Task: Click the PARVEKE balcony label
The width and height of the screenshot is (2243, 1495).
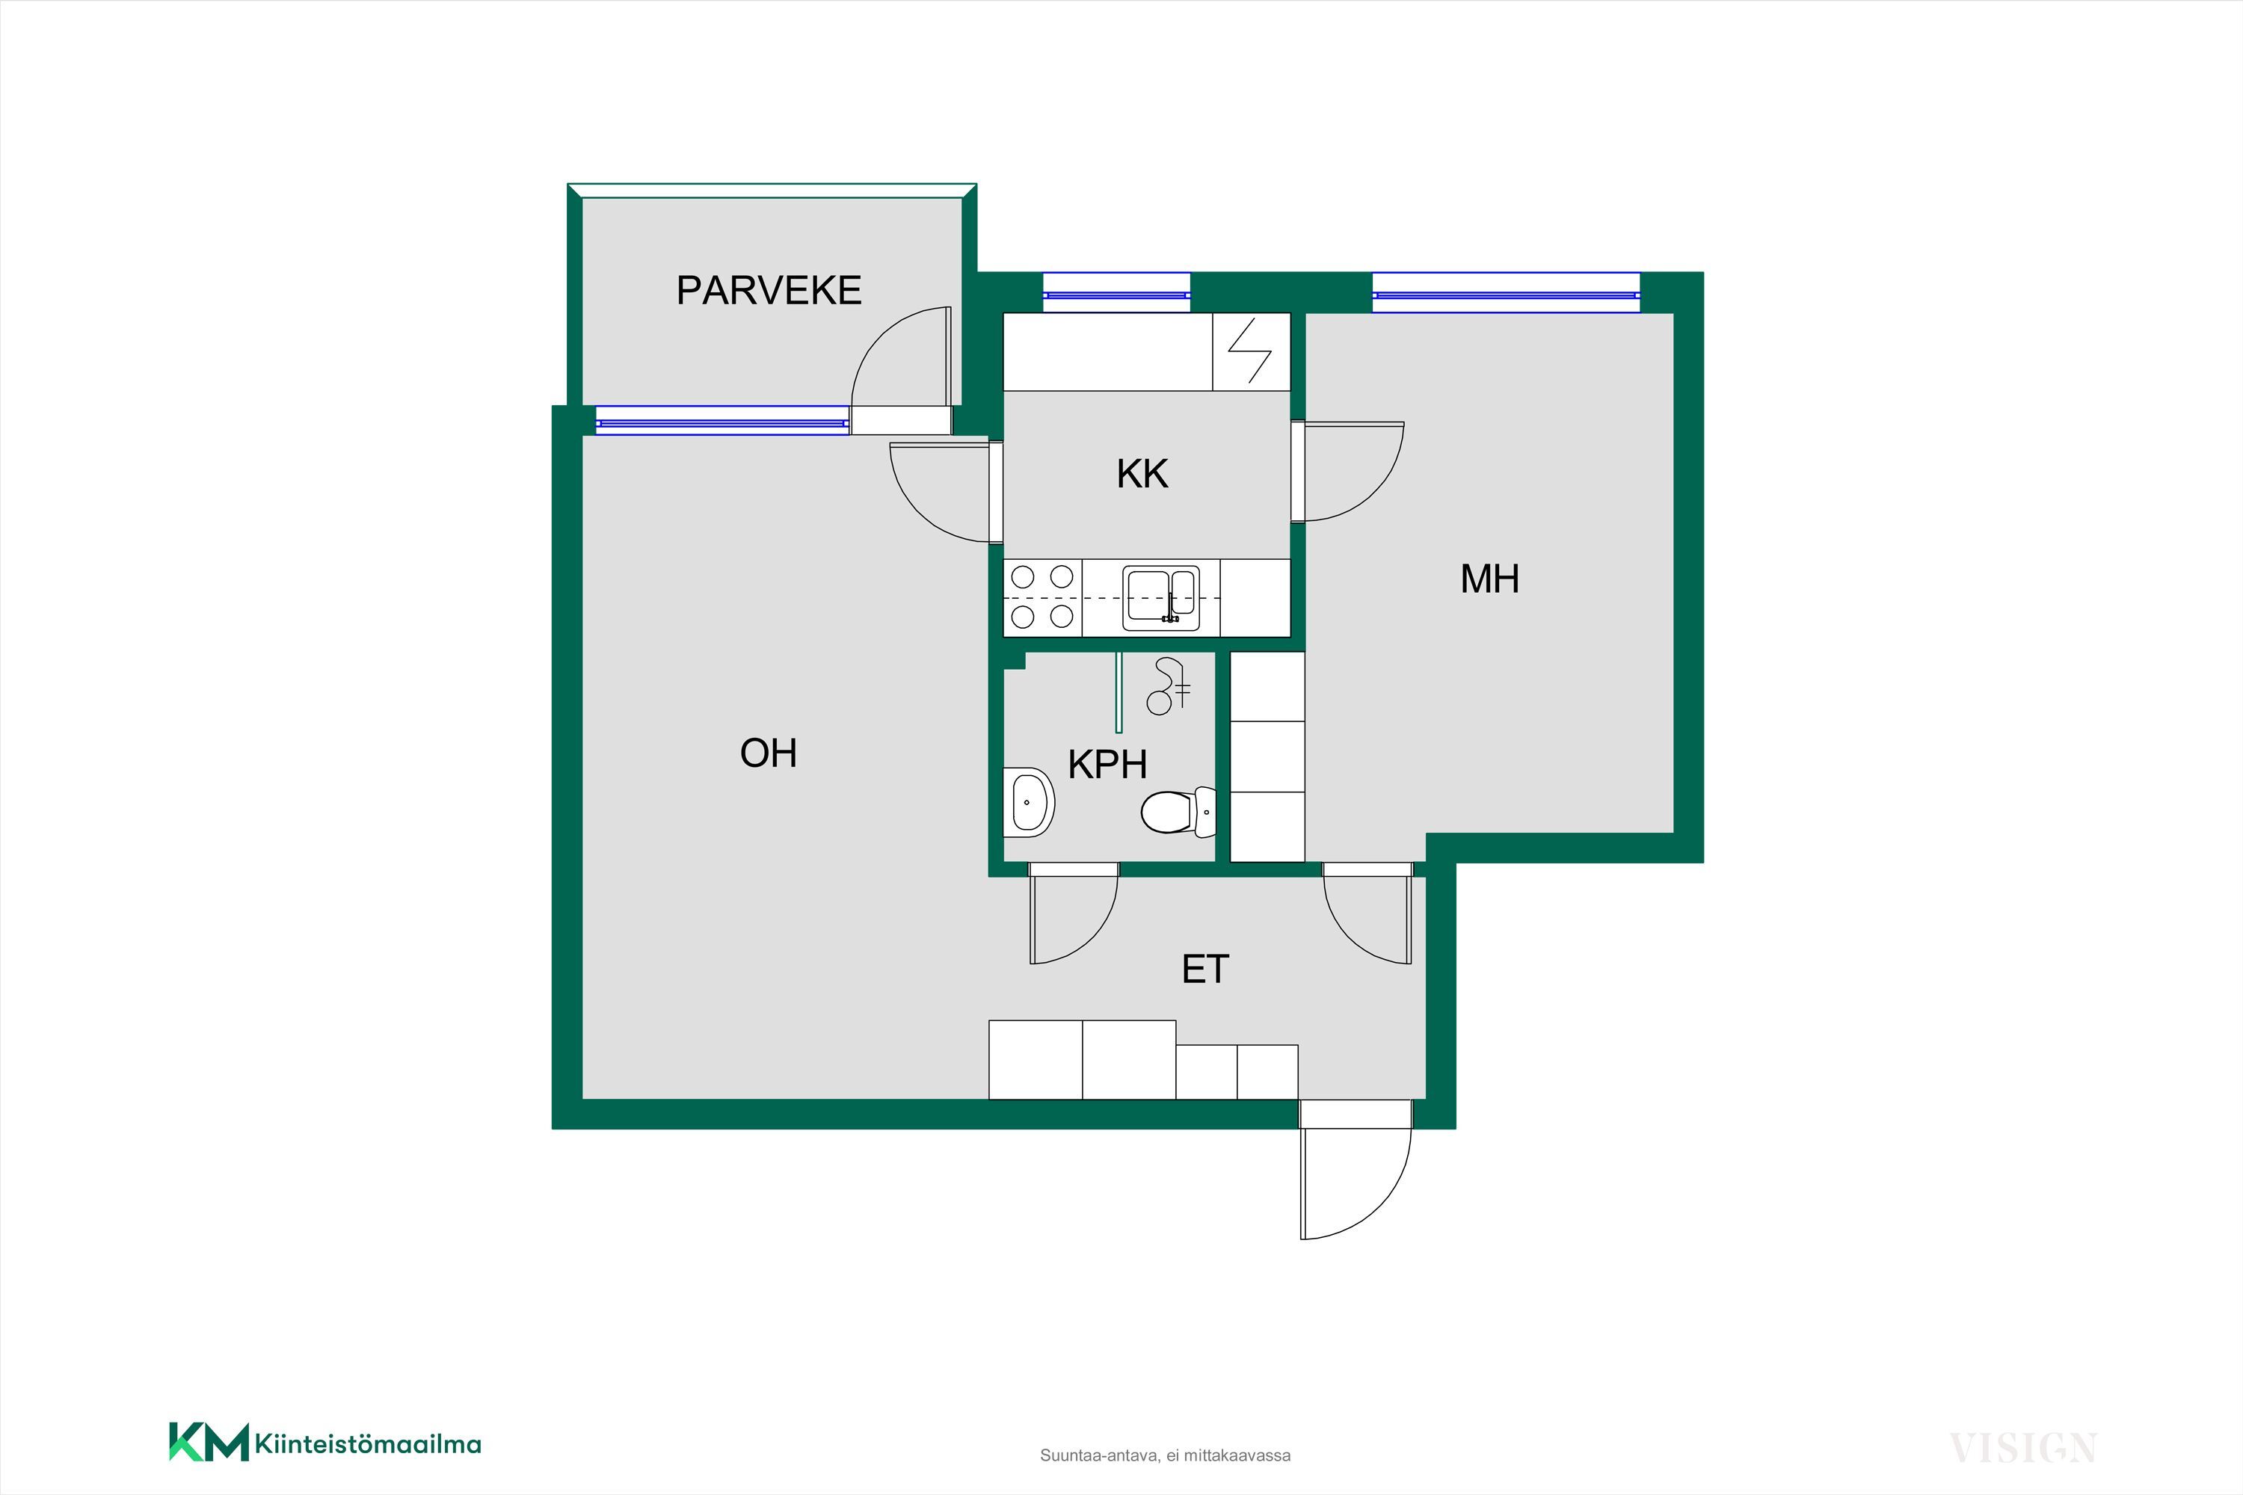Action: coord(769,290)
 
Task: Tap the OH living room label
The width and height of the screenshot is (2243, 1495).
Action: coord(768,753)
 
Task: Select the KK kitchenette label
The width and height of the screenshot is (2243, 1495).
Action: coord(1142,474)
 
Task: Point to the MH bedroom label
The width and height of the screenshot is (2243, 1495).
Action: coord(1489,579)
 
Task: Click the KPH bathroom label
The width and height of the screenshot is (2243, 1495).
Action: coord(1107,765)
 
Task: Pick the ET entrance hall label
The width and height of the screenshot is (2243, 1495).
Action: coord(1205,970)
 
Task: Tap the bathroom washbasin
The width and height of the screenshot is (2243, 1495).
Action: coord(1028,802)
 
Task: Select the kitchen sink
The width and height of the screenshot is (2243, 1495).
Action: coord(1162,598)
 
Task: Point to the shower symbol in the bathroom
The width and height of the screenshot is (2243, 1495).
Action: coord(1168,686)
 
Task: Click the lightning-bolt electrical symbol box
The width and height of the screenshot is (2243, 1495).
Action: coord(1251,352)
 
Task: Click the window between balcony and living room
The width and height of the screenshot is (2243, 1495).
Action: coord(722,420)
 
